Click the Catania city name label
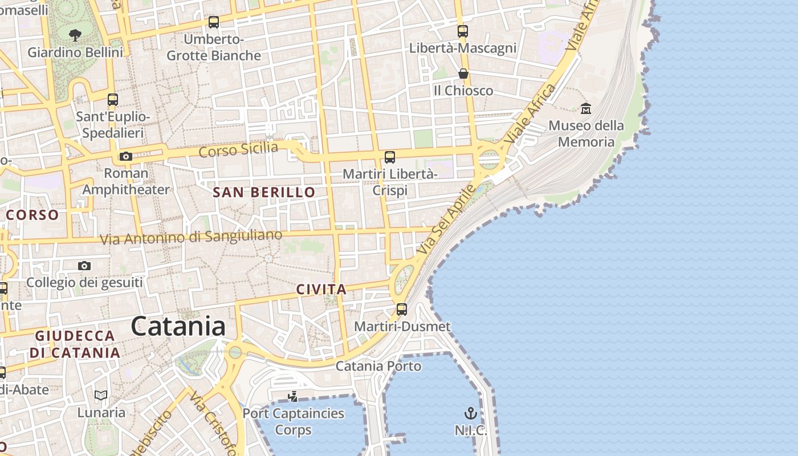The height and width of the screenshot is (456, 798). [x=178, y=327]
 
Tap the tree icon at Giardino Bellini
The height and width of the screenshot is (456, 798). [x=75, y=35]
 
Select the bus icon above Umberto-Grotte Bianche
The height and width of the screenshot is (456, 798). [x=214, y=22]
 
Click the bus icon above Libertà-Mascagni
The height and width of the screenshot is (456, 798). [x=463, y=31]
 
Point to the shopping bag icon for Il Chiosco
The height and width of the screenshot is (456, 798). [x=463, y=74]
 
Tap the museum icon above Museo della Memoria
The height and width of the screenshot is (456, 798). [x=586, y=108]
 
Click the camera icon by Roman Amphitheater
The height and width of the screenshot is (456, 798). [x=126, y=156]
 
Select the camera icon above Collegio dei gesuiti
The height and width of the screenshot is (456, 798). [x=84, y=266]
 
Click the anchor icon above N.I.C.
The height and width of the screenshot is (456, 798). [x=471, y=413]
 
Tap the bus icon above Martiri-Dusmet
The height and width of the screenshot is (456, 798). [x=402, y=310]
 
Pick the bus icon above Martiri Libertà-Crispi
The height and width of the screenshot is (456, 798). [x=390, y=157]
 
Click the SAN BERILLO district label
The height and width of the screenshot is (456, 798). [x=264, y=192]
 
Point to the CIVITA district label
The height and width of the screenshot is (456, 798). [x=321, y=289]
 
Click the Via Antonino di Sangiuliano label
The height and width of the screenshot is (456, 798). [x=191, y=237]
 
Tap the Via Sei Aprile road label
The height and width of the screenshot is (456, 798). [x=446, y=219]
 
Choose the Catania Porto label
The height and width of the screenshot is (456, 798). [x=378, y=366]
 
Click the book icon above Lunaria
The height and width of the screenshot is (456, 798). [x=101, y=395]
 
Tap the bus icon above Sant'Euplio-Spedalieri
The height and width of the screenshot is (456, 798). [x=113, y=100]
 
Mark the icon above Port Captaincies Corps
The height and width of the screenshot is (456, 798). [x=293, y=396]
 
